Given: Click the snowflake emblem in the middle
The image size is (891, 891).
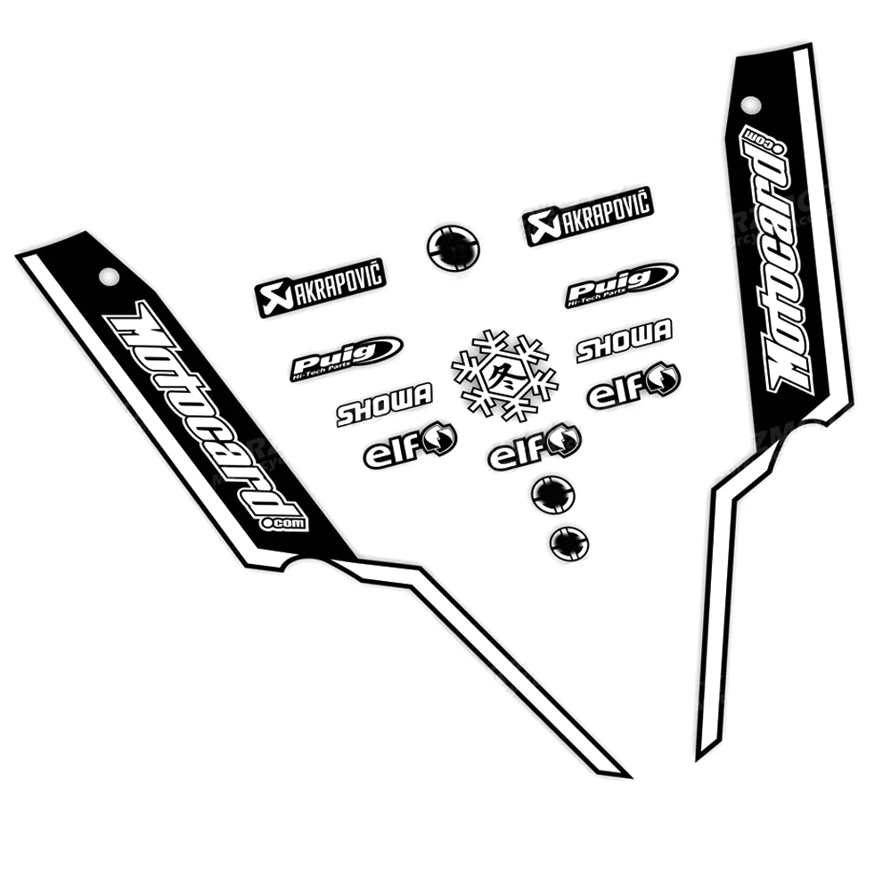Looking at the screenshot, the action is (504, 375).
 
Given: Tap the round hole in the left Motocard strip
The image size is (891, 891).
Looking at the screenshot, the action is (109, 276).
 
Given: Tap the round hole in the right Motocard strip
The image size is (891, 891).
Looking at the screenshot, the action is (751, 105).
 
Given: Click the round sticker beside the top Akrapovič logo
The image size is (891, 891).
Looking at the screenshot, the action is (453, 247).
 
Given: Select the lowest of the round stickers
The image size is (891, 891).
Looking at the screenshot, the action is (569, 543).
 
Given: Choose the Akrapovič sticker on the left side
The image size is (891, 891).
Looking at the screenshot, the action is (320, 287).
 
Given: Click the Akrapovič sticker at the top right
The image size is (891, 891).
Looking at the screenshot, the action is (588, 215).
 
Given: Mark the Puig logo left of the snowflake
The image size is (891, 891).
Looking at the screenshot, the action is (346, 357).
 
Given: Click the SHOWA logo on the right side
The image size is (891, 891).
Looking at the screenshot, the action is (624, 340).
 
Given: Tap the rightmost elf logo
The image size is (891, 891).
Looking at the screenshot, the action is (634, 386).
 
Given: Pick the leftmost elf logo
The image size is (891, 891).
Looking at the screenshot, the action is (410, 445).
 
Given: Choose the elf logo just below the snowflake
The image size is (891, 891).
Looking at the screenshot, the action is (535, 448).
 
